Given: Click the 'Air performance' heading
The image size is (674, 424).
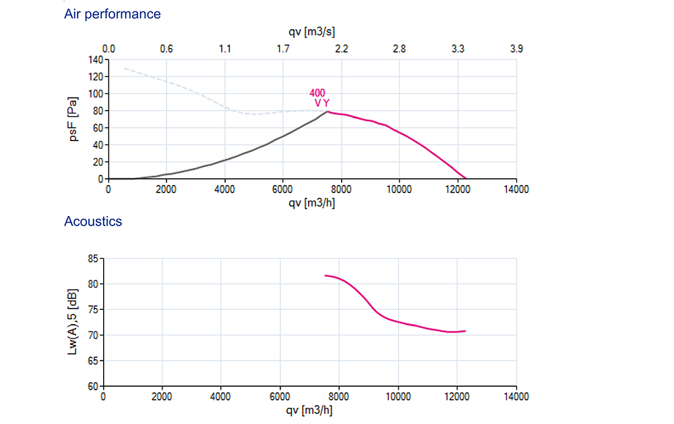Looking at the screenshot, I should point(112,14).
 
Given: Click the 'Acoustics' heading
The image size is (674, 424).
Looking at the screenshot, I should point(93,221).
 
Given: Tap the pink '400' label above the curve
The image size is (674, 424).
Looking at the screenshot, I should point(317,93).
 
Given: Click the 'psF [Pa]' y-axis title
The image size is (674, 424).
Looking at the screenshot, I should point(75,120).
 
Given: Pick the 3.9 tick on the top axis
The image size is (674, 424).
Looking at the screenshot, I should point(516,49).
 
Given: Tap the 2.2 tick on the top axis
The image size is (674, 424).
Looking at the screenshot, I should point(341,49).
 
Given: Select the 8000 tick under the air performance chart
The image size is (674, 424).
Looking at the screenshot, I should point(341,189).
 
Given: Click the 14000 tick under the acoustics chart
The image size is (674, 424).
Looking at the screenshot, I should point(516,397).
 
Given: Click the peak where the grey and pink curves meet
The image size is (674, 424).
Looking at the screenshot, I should point(328,111).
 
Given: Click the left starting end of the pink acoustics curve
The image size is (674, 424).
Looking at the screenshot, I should point(326,275).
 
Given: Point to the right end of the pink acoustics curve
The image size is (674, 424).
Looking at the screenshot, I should point(466,331).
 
